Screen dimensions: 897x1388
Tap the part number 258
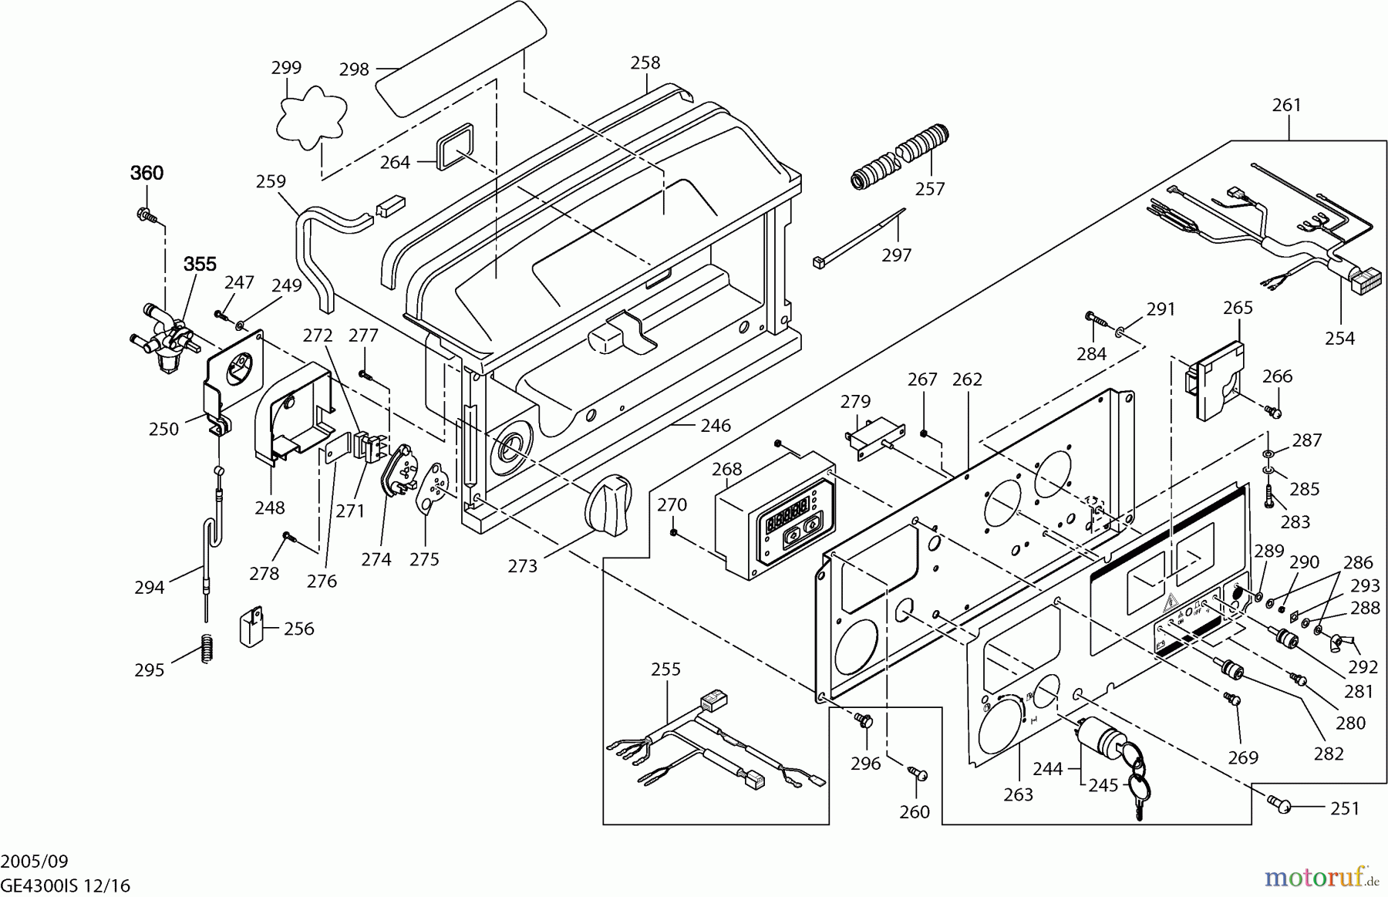pyautogui.click(x=645, y=62)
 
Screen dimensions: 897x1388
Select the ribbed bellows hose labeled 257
pyautogui.click(x=899, y=155)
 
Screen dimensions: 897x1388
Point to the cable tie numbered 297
pyautogui.click(x=857, y=238)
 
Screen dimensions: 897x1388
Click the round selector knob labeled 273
pyautogui.click(x=608, y=505)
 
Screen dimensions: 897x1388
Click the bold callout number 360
pyautogui.click(x=147, y=173)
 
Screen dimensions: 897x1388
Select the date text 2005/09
pyautogui.click(x=35, y=861)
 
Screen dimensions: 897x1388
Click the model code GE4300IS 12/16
pyautogui.click(x=66, y=885)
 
